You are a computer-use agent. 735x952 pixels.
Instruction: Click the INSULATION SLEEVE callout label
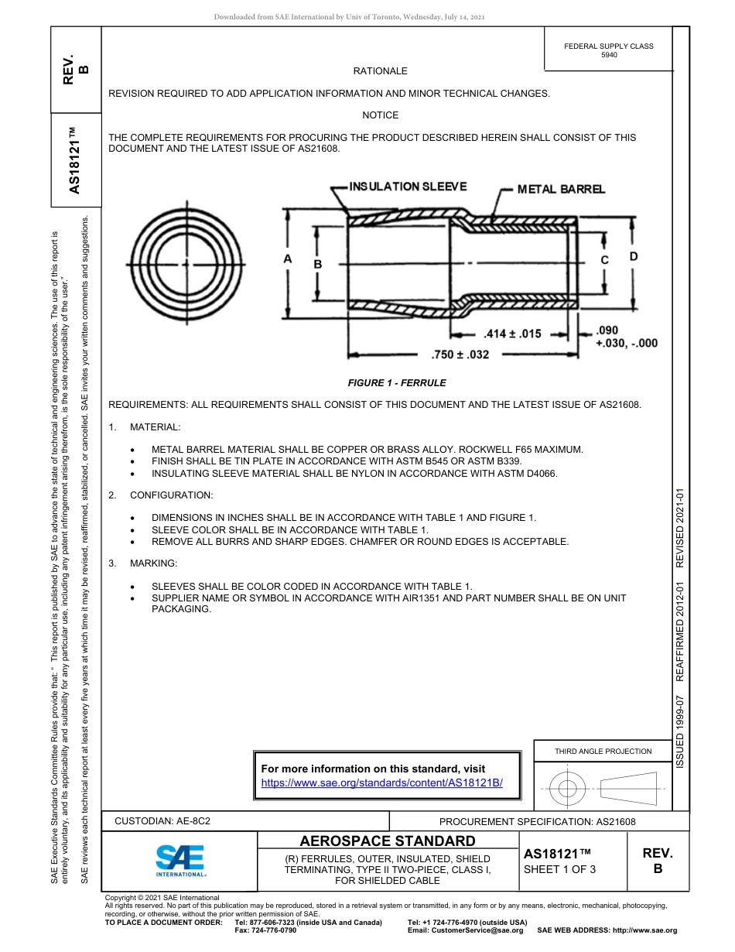409,187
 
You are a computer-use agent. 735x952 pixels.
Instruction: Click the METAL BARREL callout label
561,189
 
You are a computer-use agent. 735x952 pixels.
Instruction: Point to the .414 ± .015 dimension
512,334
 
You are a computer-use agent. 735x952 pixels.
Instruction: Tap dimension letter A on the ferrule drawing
287,259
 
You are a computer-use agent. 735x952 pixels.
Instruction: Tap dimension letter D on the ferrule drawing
633,256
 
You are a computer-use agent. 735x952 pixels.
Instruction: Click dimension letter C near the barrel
605,260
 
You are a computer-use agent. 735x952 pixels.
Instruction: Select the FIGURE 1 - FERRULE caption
397,383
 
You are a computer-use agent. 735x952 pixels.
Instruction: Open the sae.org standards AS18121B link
382,782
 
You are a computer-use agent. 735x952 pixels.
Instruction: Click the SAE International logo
180,860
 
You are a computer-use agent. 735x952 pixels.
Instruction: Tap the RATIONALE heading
380,71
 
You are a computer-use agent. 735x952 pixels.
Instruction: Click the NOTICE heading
380,115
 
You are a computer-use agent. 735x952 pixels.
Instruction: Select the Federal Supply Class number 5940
609,55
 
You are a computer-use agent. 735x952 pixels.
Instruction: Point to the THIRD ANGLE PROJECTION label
603,751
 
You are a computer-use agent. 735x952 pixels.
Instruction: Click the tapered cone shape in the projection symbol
628,789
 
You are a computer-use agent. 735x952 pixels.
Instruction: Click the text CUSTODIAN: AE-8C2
162,821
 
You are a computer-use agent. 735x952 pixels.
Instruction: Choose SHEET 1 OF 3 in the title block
559,869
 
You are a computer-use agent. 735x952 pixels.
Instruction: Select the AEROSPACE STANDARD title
388,841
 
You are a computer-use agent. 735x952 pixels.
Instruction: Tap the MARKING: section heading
156,563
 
